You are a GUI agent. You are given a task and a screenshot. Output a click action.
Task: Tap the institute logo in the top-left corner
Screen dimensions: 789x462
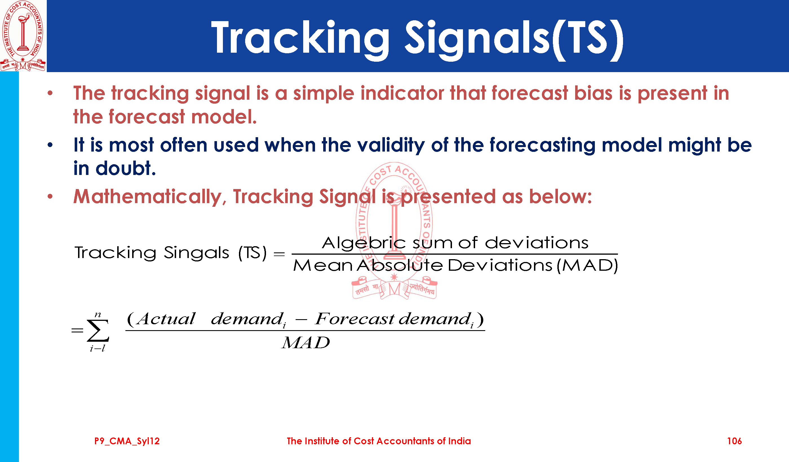click(x=23, y=36)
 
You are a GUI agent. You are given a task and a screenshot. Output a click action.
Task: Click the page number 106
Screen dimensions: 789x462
click(x=734, y=441)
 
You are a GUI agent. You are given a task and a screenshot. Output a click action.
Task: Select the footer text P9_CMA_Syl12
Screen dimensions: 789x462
click(x=127, y=441)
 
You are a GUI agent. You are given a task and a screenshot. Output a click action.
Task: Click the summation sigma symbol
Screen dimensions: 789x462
click(x=98, y=330)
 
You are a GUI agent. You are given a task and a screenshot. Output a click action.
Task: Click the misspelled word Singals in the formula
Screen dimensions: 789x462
click(x=196, y=253)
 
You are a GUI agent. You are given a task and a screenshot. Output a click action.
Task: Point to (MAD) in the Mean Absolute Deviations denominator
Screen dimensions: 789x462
click(x=587, y=266)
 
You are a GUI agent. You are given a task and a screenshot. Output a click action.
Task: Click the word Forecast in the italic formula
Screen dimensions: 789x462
click(x=354, y=319)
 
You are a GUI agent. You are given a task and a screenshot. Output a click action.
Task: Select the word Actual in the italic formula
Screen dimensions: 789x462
click(x=166, y=319)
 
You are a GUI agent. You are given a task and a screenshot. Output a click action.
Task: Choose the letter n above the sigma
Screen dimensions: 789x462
click(x=98, y=315)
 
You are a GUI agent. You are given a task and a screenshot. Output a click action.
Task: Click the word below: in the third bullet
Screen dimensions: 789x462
click(x=560, y=197)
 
